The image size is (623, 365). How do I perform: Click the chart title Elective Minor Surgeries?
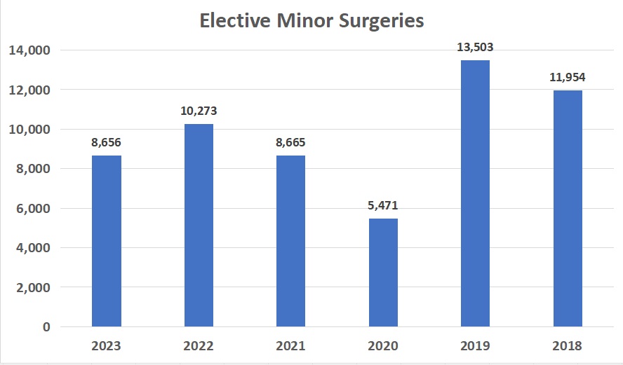[x=311, y=21]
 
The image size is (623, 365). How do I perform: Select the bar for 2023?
[x=107, y=241]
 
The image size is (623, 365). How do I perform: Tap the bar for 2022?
[x=199, y=225]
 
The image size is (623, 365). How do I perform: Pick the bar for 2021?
[x=290, y=241]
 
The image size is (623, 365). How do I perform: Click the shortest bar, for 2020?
[x=383, y=273]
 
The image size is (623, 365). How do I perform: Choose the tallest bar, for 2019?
[x=475, y=193]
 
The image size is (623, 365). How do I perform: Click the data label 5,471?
[x=383, y=206]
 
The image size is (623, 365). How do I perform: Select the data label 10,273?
[x=199, y=111]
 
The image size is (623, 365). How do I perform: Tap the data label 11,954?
[x=568, y=78]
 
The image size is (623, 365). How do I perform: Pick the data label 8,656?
[x=107, y=143]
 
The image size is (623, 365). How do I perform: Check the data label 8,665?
[x=290, y=143]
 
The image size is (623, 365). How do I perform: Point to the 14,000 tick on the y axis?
[x=29, y=50]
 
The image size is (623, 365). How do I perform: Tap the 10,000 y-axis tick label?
[x=29, y=130]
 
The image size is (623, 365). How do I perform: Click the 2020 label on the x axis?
[x=383, y=346]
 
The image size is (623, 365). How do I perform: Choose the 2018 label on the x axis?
[x=568, y=346]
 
